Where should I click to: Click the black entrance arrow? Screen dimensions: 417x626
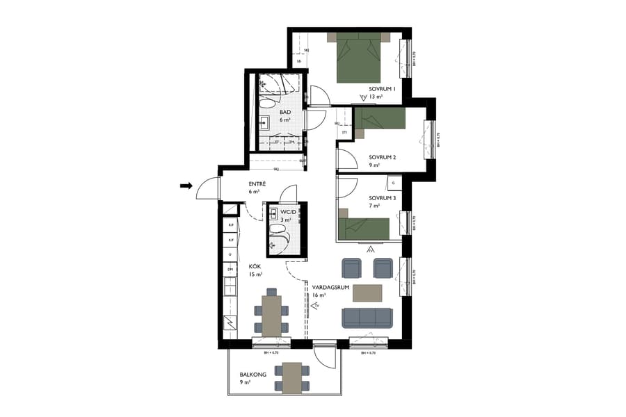pyautogui.click(x=186, y=186)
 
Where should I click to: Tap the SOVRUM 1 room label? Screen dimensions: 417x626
pyautogui.click(x=382, y=89)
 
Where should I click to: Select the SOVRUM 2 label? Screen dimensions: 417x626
pyautogui.click(x=382, y=157)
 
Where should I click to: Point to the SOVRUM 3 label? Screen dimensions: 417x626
pyautogui.click(x=382, y=198)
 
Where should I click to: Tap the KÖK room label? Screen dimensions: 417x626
pyautogui.click(x=255, y=266)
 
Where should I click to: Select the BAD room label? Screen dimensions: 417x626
pyautogui.click(x=285, y=112)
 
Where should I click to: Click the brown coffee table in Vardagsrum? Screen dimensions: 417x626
pyautogui.click(x=367, y=293)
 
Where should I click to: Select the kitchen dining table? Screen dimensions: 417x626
pyautogui.click(x=271, y=314)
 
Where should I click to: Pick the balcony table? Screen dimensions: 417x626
pyautogui.click(x=292, y=377)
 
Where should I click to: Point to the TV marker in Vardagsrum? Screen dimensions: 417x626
pyautogui.click(x=316, y=305)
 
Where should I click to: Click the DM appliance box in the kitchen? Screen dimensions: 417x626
pyautogui.click(x=230, y=269)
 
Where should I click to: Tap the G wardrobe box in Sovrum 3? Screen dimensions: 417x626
pyautogui.click(x=394, y=184)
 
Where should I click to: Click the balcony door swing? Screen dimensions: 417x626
pyautogui.click(x=325, y=357)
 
